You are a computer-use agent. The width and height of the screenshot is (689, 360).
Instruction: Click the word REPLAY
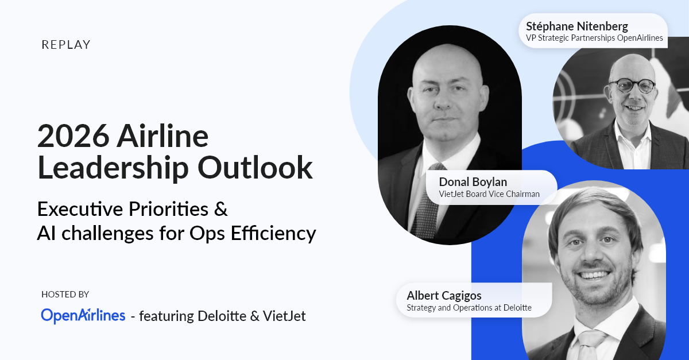click(66, 45)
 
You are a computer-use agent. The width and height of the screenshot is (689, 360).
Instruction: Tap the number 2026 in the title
click(73, 136)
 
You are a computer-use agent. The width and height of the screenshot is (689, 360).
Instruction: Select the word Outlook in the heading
click(256, 168)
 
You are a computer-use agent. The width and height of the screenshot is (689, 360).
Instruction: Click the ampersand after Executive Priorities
click(221, 209)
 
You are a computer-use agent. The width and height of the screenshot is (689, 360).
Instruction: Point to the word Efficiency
click(273, 233)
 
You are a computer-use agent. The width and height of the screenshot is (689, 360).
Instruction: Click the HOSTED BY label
click(65, 295)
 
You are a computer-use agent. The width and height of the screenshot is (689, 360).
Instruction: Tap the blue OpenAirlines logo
click(83, 316)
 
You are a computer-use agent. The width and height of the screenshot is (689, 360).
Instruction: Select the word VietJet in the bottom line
click(284, 316)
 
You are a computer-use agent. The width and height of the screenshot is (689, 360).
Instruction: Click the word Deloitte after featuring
click(222, 316)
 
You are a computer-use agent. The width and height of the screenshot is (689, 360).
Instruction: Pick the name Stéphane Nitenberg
click(576, 26)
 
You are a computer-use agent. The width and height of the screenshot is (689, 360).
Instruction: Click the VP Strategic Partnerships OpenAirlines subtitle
click(594, 38)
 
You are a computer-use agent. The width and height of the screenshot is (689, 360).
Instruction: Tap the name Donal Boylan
click(473, 182)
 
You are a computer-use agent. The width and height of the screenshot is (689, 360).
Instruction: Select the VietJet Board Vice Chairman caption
click(489, 194)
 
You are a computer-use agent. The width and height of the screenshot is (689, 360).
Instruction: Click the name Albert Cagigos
click(444, 295)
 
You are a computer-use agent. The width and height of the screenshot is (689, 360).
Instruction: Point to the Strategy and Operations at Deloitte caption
click(469, 308)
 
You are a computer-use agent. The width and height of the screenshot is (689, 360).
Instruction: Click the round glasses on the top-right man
click(632, 86)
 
